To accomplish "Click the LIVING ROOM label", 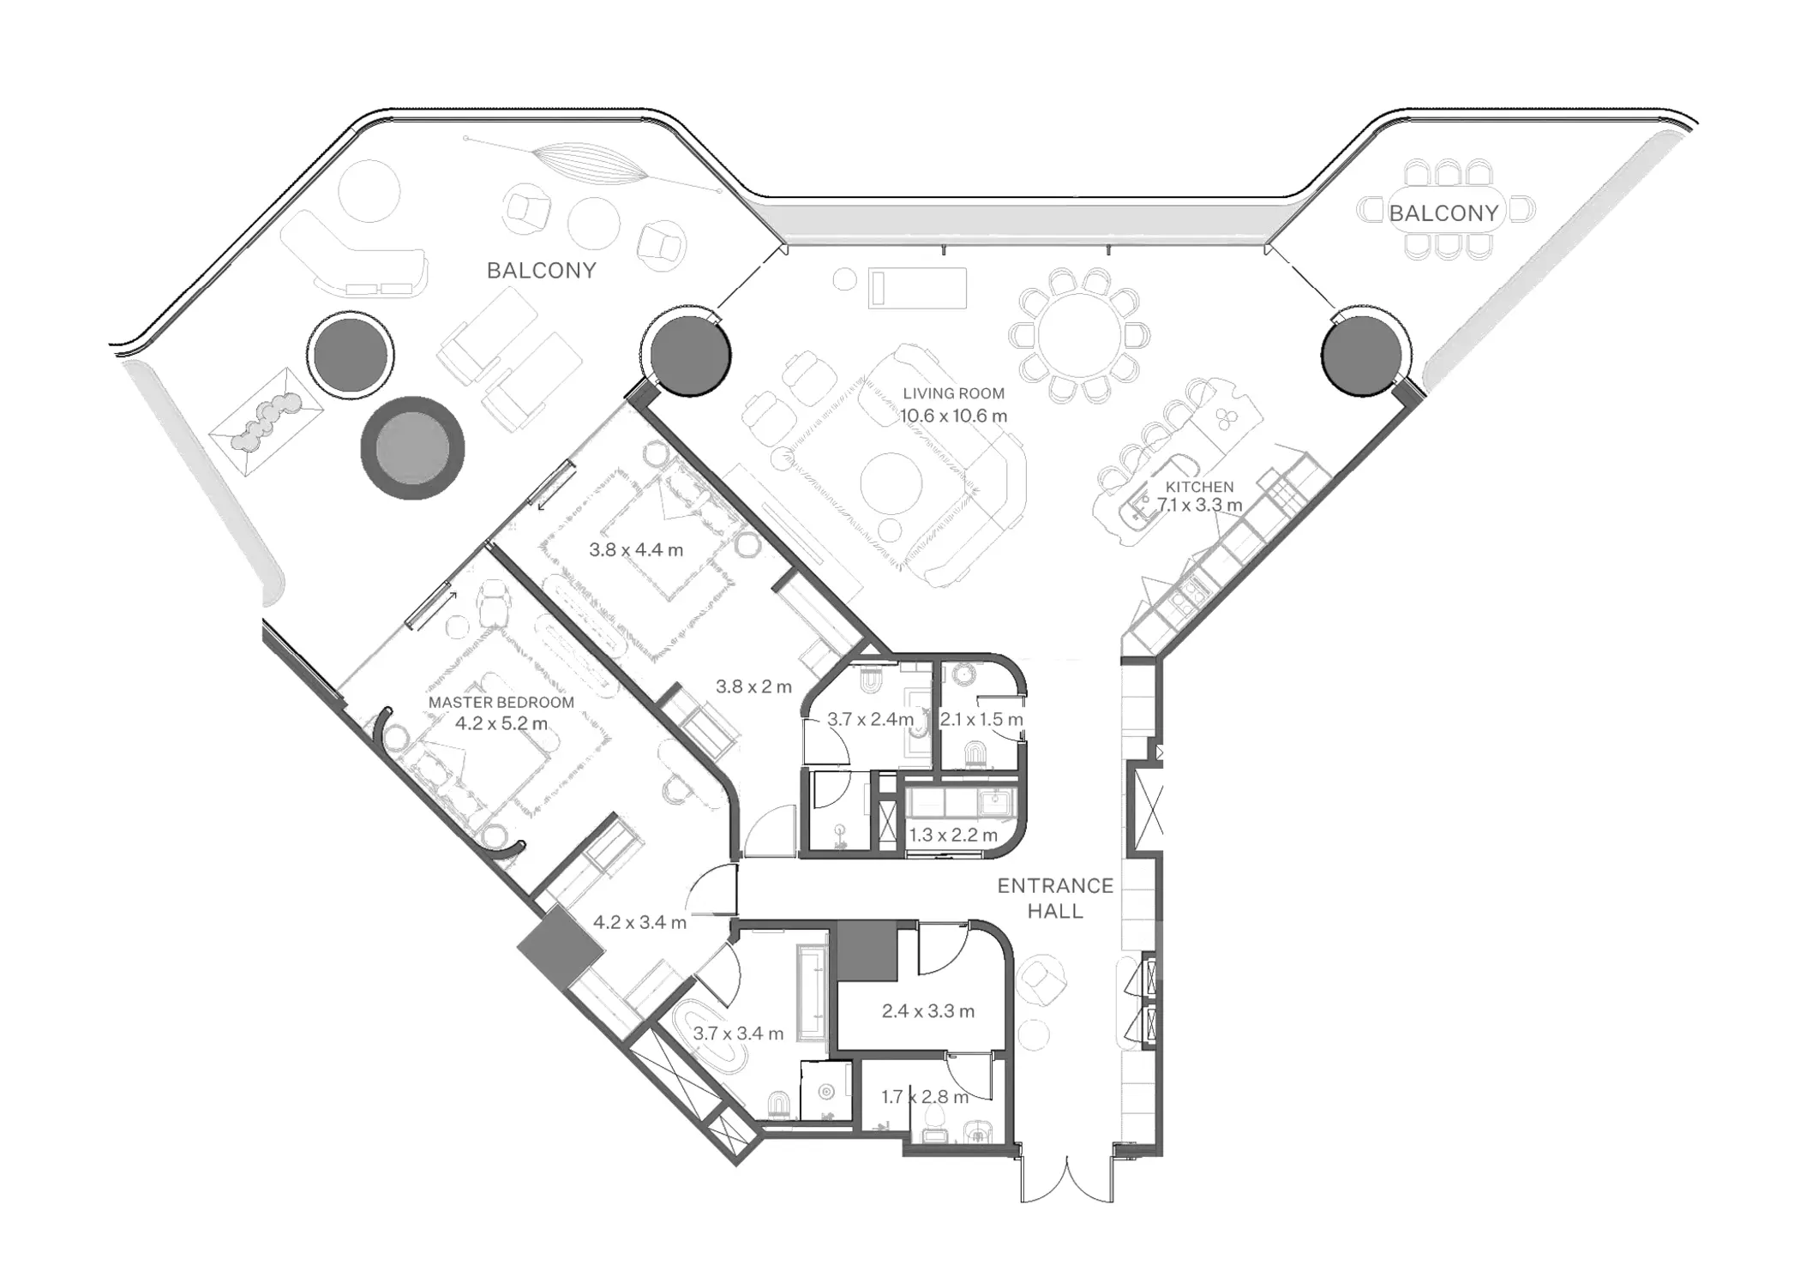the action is [x=953, y=393].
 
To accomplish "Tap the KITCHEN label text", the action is [x=1199, y=487].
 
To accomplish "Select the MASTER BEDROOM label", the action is [x=501, y=703].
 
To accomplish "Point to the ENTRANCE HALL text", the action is [x=1055, y=898].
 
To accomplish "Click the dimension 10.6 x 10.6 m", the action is [x=953, y=416].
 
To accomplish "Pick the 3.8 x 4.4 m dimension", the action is [x=636, y=550].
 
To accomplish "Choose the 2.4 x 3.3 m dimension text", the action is [x=928, y=1011].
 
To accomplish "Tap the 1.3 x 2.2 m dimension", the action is [x=953, y=835].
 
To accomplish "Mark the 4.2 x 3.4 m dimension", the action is [x=639, y=923].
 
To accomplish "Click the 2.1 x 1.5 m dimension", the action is [x=981, y=720].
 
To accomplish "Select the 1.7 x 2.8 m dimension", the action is [x=925, y=1097].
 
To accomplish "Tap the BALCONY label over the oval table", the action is [x=1443, y=213].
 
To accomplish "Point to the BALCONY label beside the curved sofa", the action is [x=541, y=271].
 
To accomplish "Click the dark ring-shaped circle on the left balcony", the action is [x=412, y=448].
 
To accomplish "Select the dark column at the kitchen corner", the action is [x=1361, y=352].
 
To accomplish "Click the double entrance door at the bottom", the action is [x=1067, y=1180].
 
